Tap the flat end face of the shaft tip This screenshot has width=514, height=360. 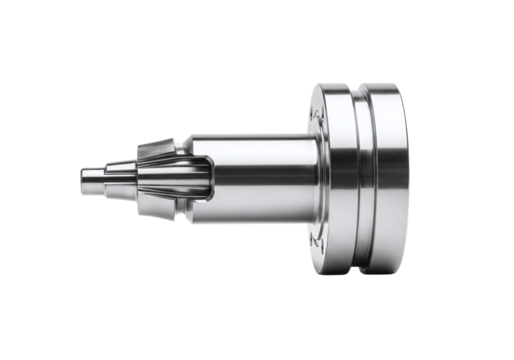80,180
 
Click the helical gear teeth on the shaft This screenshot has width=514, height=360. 160,179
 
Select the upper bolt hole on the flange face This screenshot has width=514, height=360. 318,110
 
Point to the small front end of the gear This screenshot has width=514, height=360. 134,180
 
